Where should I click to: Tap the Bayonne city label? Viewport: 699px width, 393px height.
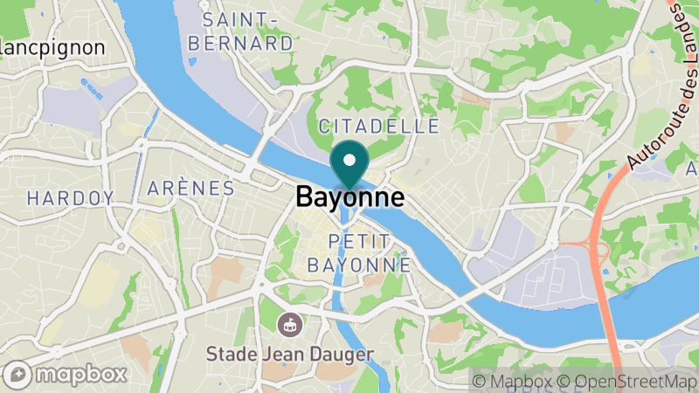point(350,196)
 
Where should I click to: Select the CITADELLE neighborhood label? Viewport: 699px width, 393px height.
point(379,127)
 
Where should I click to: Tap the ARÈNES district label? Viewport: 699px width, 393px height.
point(191,189)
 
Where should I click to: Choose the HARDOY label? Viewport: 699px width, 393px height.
point(70,198)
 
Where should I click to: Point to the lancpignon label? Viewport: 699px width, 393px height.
point(52,47)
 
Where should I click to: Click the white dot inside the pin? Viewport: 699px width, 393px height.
point(350,160)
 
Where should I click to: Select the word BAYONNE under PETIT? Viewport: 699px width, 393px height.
point(357,263)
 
